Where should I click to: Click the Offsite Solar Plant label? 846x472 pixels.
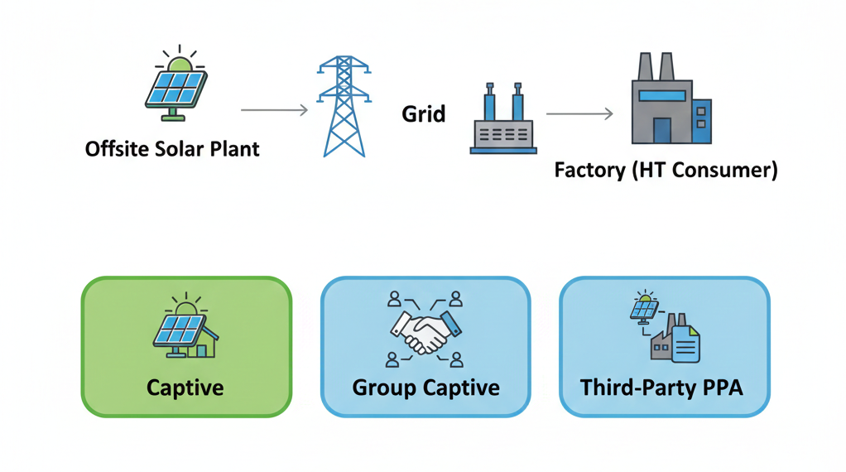(x=172, y=149)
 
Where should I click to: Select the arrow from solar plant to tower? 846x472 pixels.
(x=274, y=109)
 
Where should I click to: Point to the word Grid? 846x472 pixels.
(x=424, y=113)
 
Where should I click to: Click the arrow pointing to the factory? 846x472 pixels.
(x=579, y=113)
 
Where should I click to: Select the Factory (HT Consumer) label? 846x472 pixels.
(x=666, y=171)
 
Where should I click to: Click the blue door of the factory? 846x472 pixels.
(x=662, y=130)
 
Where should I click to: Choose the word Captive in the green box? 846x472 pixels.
(x=185, y=387)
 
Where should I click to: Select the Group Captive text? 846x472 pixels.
(x=425, y=387)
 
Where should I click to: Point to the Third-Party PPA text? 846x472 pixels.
(x=661, y=387)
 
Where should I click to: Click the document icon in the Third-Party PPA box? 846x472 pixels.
(x=686, y=343)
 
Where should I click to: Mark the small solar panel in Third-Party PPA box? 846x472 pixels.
(x=644, y=309)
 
